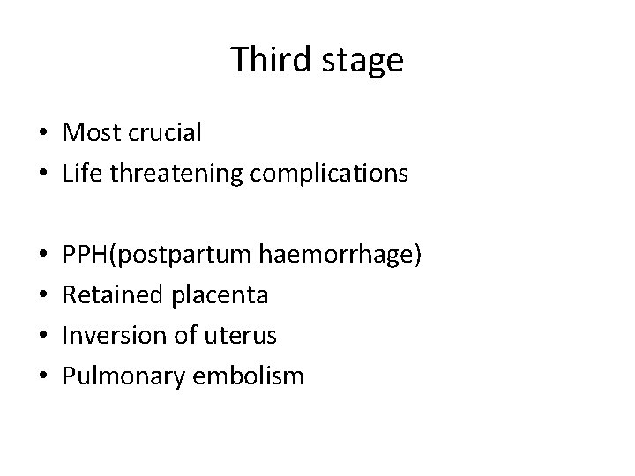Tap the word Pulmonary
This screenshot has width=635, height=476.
point(116,377)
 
